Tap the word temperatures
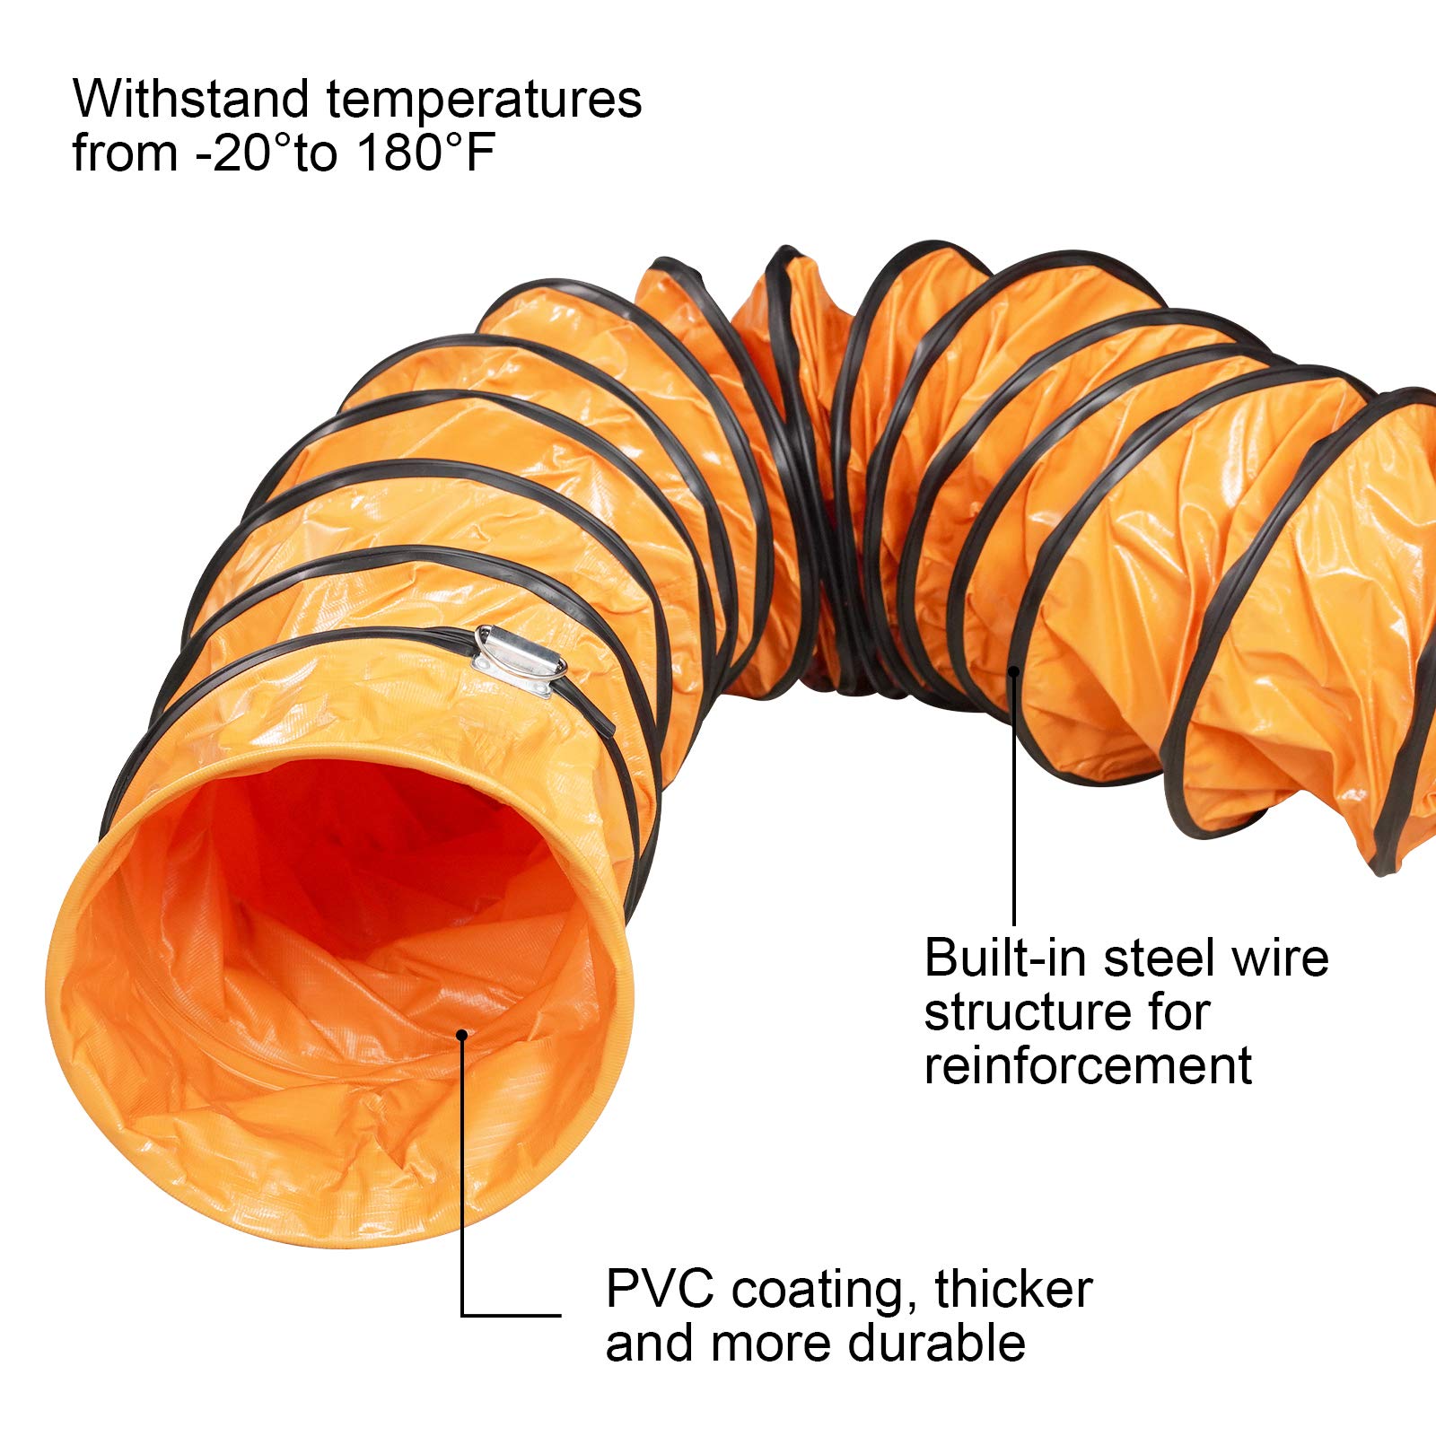tap(484, 101)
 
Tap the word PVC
tap(660, 1289)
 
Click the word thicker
tap(1013, 1289)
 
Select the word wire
tap(1280, 958)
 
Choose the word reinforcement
tap(1088, 1066)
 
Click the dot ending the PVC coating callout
tap(462, 1034)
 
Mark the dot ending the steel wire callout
tap(1014, 669)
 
